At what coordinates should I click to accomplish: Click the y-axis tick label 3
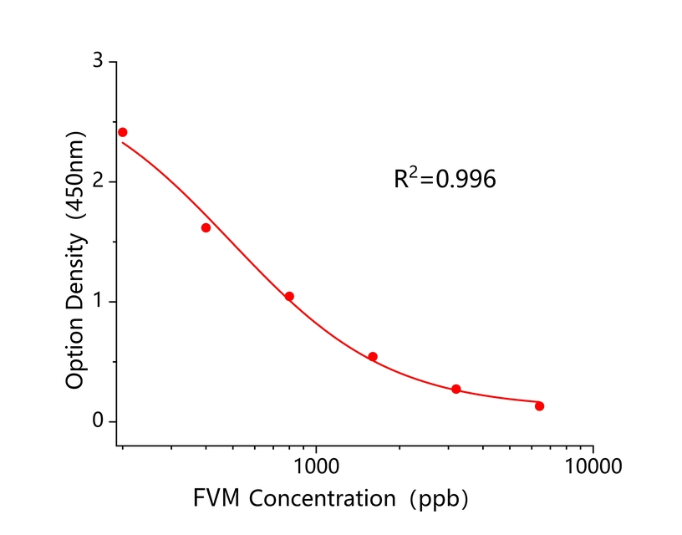click(99, 61)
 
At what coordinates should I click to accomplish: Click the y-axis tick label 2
click(99, 181)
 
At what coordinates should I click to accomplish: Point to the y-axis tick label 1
click(99, 301)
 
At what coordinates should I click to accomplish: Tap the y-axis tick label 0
click(99, 421)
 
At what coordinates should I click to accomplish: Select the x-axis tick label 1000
click(316, 466)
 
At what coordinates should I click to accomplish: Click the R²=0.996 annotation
click(445, 179)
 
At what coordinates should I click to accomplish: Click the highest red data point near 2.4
click(122, 132)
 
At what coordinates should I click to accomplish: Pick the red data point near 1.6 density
click(206, 227)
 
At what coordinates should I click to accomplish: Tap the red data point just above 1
click(289, 296)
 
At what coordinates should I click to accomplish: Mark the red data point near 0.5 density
click(373, 357)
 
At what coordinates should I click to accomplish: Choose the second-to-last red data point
click(456, 389)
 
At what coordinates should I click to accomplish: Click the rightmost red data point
click(540, 406)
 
